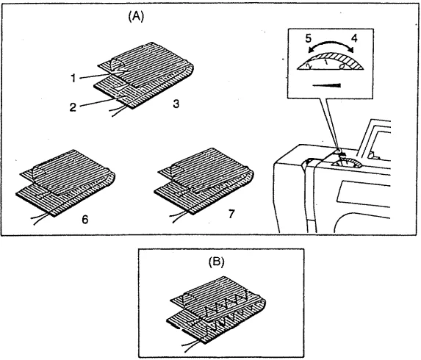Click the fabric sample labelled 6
click(66, 184)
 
